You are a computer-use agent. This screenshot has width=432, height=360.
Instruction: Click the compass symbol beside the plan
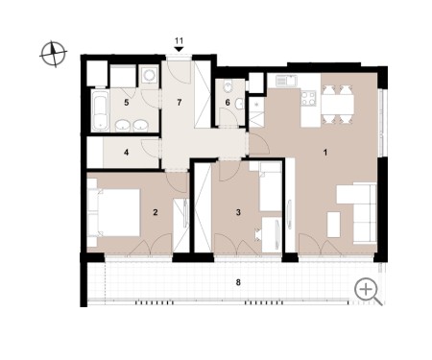54,54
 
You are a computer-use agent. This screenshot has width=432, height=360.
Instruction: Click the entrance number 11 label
179,41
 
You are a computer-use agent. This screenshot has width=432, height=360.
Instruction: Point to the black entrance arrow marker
179,49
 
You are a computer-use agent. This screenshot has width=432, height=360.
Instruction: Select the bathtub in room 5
100,110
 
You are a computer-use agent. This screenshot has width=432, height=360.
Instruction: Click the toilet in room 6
228,86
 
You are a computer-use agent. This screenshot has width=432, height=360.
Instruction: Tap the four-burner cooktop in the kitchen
308,98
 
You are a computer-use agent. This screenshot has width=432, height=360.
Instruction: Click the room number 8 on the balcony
238,283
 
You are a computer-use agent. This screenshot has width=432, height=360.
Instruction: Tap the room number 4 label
127,153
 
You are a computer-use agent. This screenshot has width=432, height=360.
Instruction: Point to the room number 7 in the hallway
179,103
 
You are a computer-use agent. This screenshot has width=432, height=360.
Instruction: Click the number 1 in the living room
325,153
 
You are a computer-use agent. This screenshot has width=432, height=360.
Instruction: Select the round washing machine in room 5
149,76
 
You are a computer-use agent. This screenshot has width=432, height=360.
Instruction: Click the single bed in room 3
271,187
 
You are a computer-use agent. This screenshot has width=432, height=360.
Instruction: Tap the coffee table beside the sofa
334,225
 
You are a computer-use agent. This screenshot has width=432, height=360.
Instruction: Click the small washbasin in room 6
239,104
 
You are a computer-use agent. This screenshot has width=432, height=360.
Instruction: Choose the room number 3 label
238,212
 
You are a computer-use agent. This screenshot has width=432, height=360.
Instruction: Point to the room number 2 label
156,212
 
